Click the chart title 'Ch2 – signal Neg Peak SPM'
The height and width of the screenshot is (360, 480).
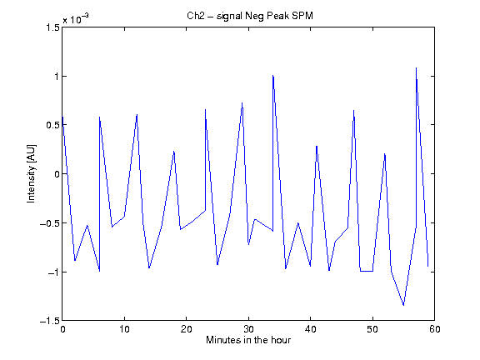point(250,16)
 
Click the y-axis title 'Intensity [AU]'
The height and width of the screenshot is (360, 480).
point(31,173)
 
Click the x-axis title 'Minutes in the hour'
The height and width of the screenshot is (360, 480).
point(248,340)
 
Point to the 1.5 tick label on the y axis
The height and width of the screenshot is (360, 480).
point(52,27)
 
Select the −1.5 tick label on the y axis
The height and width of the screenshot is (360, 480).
point(50,321)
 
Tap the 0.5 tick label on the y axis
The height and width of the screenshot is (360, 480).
point(52,125)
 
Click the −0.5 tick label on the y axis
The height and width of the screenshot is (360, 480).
point(50,223)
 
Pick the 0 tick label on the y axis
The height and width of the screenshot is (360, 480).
point(57,174)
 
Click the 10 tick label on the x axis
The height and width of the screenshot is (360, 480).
point(125,329)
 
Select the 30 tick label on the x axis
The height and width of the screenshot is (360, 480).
point(248,329)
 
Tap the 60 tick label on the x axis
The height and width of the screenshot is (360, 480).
point(435,329)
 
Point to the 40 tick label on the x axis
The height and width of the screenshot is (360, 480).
point(310,329)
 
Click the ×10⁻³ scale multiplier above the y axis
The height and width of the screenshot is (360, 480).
point(76,18)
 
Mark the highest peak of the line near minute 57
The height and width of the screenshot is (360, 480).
point(416,68)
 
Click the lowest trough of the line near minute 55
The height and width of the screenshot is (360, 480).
point(403,305)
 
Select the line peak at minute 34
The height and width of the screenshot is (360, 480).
point(272,75)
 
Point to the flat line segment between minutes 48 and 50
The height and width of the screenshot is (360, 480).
point(367,271)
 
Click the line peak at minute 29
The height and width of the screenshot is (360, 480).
point(242,102)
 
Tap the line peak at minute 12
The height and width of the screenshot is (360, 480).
point(137,114)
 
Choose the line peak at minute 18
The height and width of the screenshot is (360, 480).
point(174,151)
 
